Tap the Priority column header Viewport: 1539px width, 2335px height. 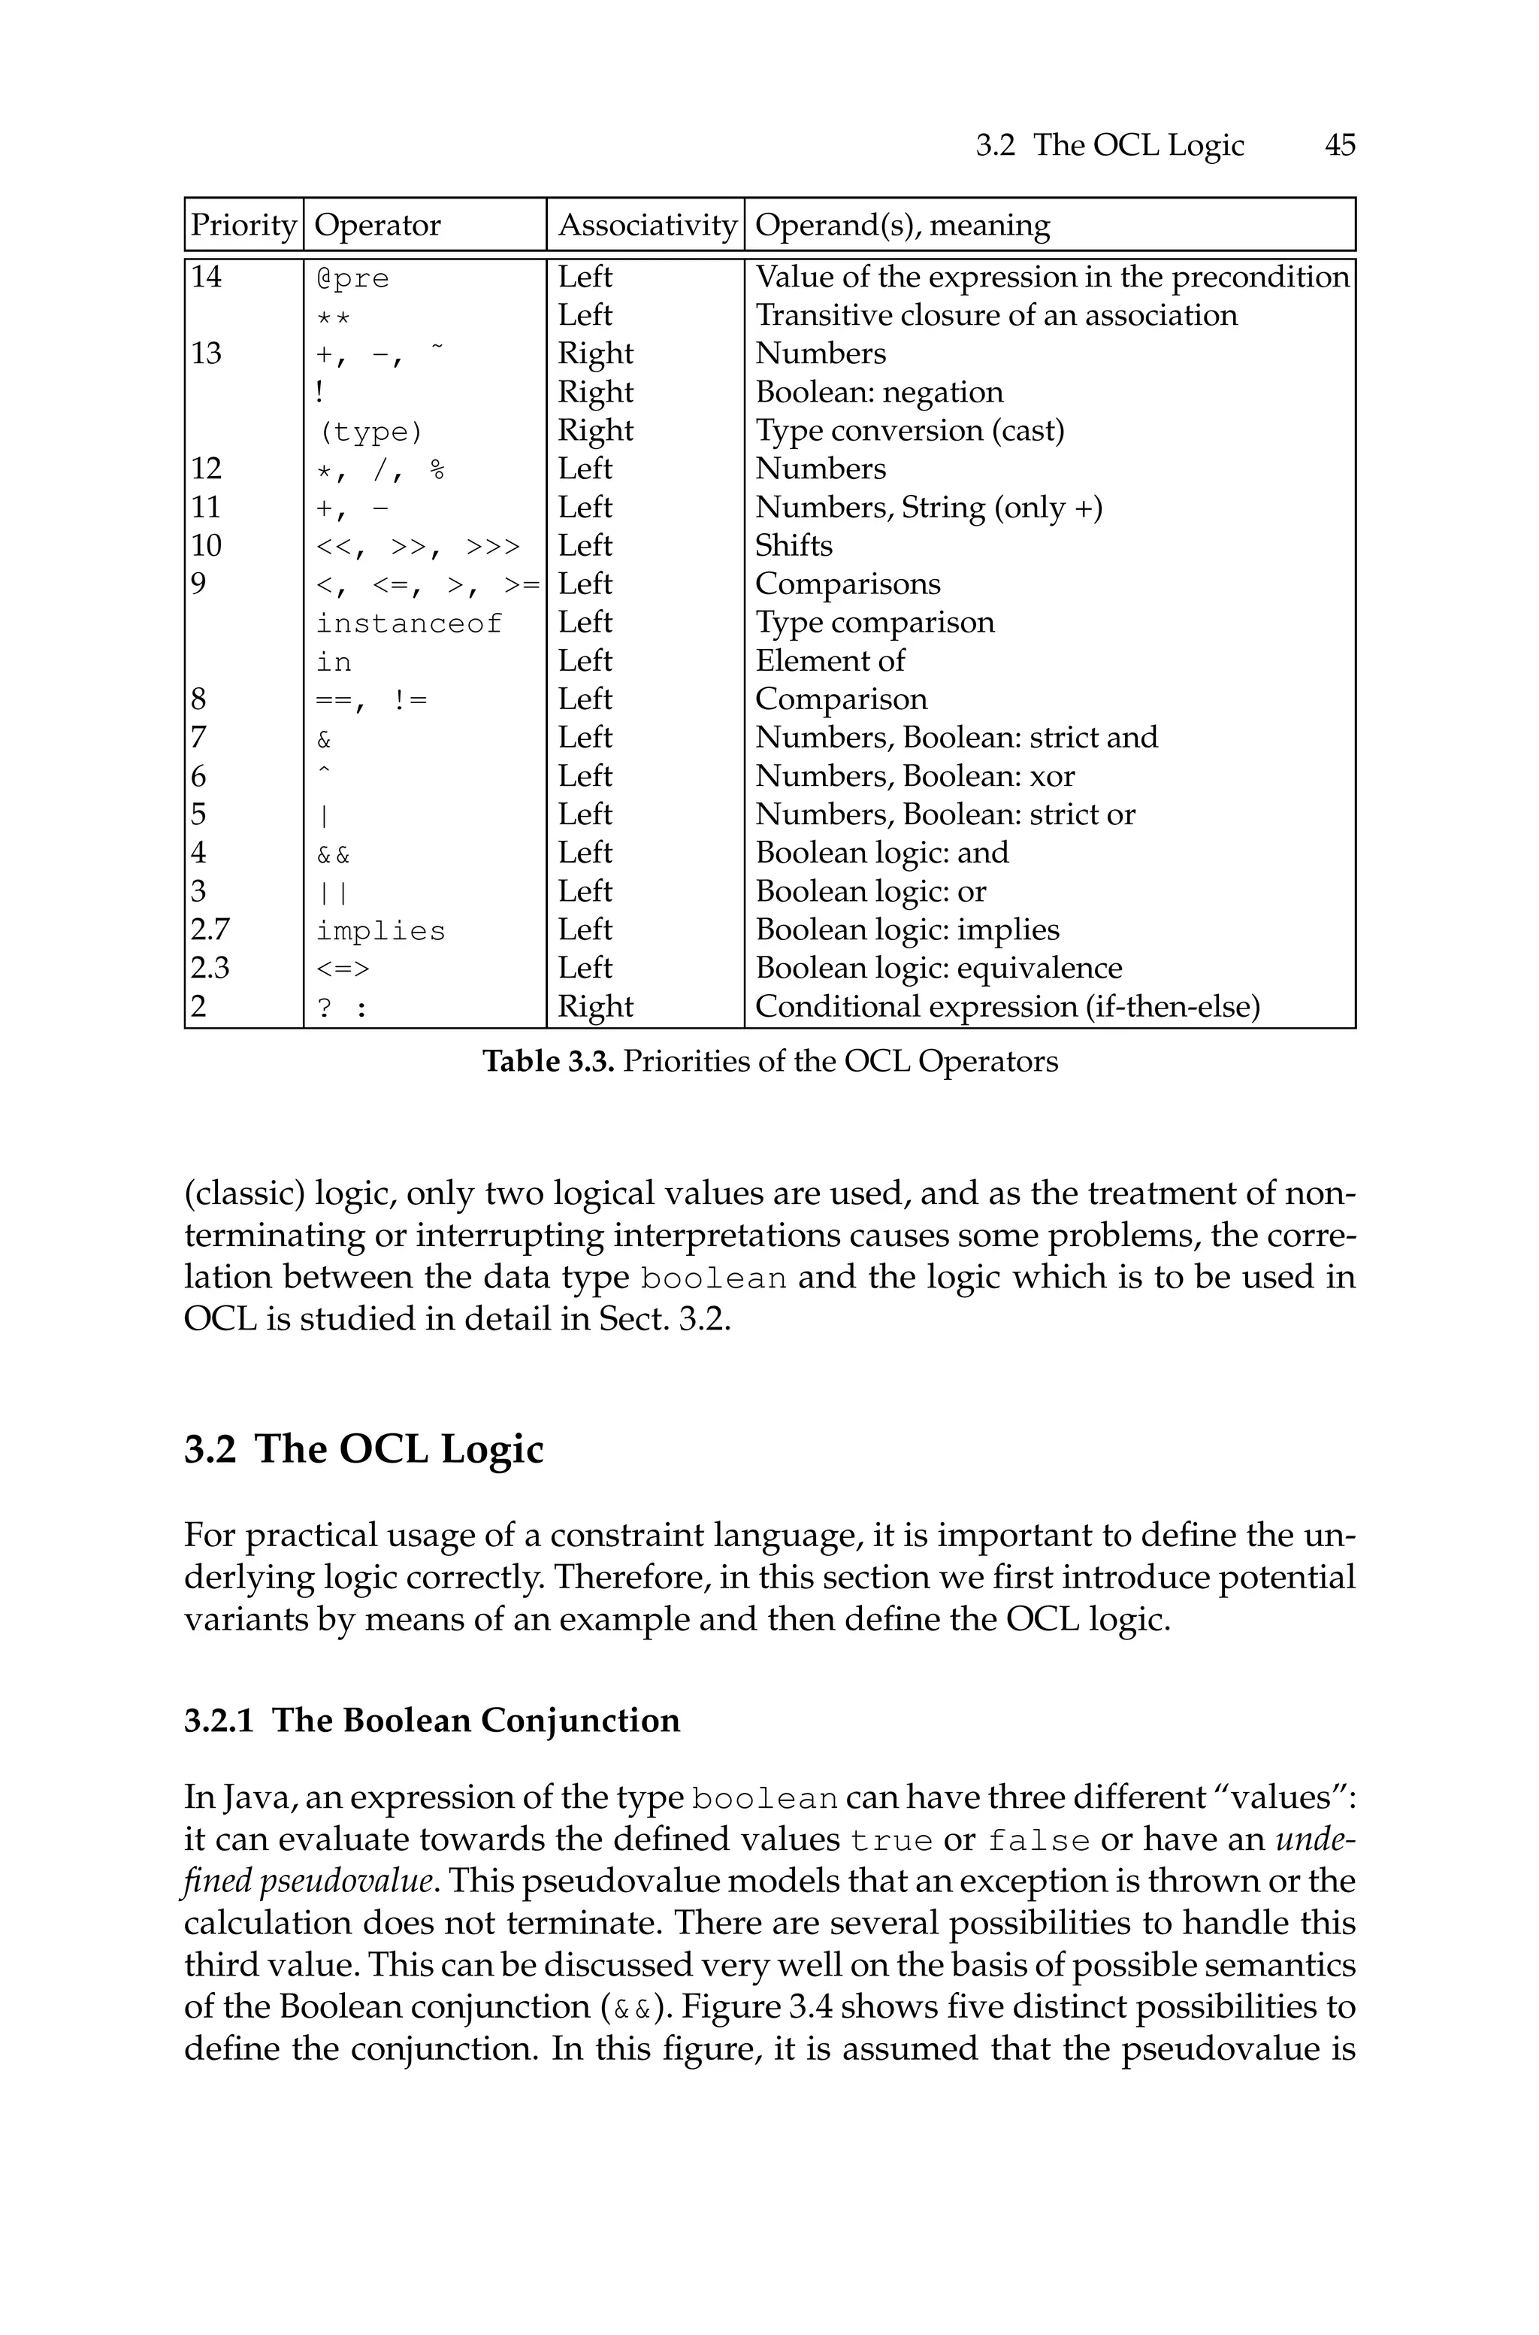[x=243, y=226]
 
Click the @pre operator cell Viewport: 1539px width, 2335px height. [x=352, y=279]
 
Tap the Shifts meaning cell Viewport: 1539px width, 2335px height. [x=793, y=546]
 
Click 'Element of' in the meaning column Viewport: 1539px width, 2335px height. [x=830, y=661]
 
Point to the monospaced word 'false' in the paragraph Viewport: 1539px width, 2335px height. [x=1039, y=1840]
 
